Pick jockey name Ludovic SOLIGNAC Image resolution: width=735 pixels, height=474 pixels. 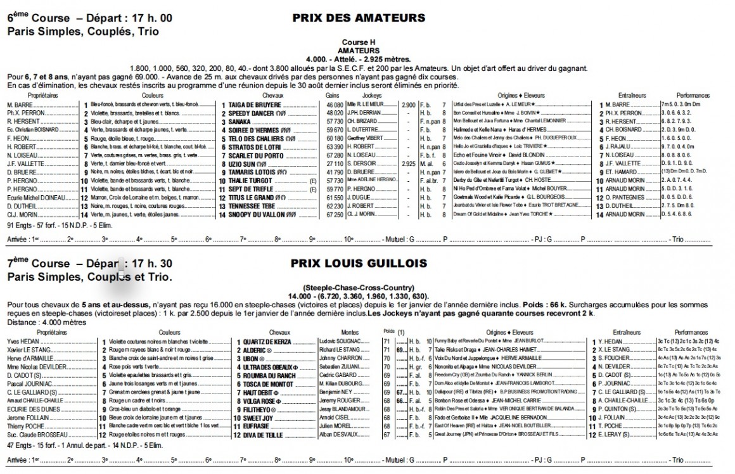tap(341, 341)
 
